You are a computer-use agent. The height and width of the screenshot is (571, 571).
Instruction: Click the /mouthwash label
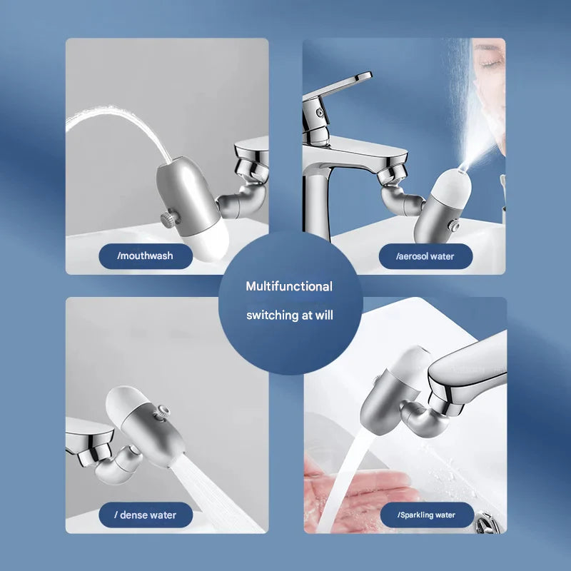pos(146,256)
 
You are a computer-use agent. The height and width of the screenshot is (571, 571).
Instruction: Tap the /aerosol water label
pos(425,256)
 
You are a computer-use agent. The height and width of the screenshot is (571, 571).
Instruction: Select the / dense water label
pos(146,515)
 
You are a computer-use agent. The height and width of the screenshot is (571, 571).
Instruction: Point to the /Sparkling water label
pos(425,515)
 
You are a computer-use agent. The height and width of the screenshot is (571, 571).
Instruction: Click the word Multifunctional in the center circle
pos(289,286)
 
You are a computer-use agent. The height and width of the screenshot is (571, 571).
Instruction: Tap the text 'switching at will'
pos(289,315)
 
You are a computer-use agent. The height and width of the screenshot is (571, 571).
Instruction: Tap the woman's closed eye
pos(488,63)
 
